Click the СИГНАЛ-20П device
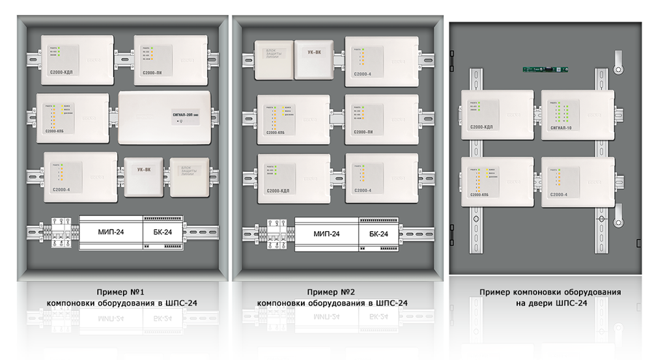[165, 117]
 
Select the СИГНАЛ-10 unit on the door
[577, 115]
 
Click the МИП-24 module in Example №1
[110, 232]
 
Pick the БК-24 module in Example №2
[378, 233]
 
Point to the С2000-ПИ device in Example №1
[171, 61]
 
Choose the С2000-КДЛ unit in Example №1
[77, 61]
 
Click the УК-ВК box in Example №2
[313, 60]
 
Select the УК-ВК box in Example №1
[144, 176]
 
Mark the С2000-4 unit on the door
[577, 182]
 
